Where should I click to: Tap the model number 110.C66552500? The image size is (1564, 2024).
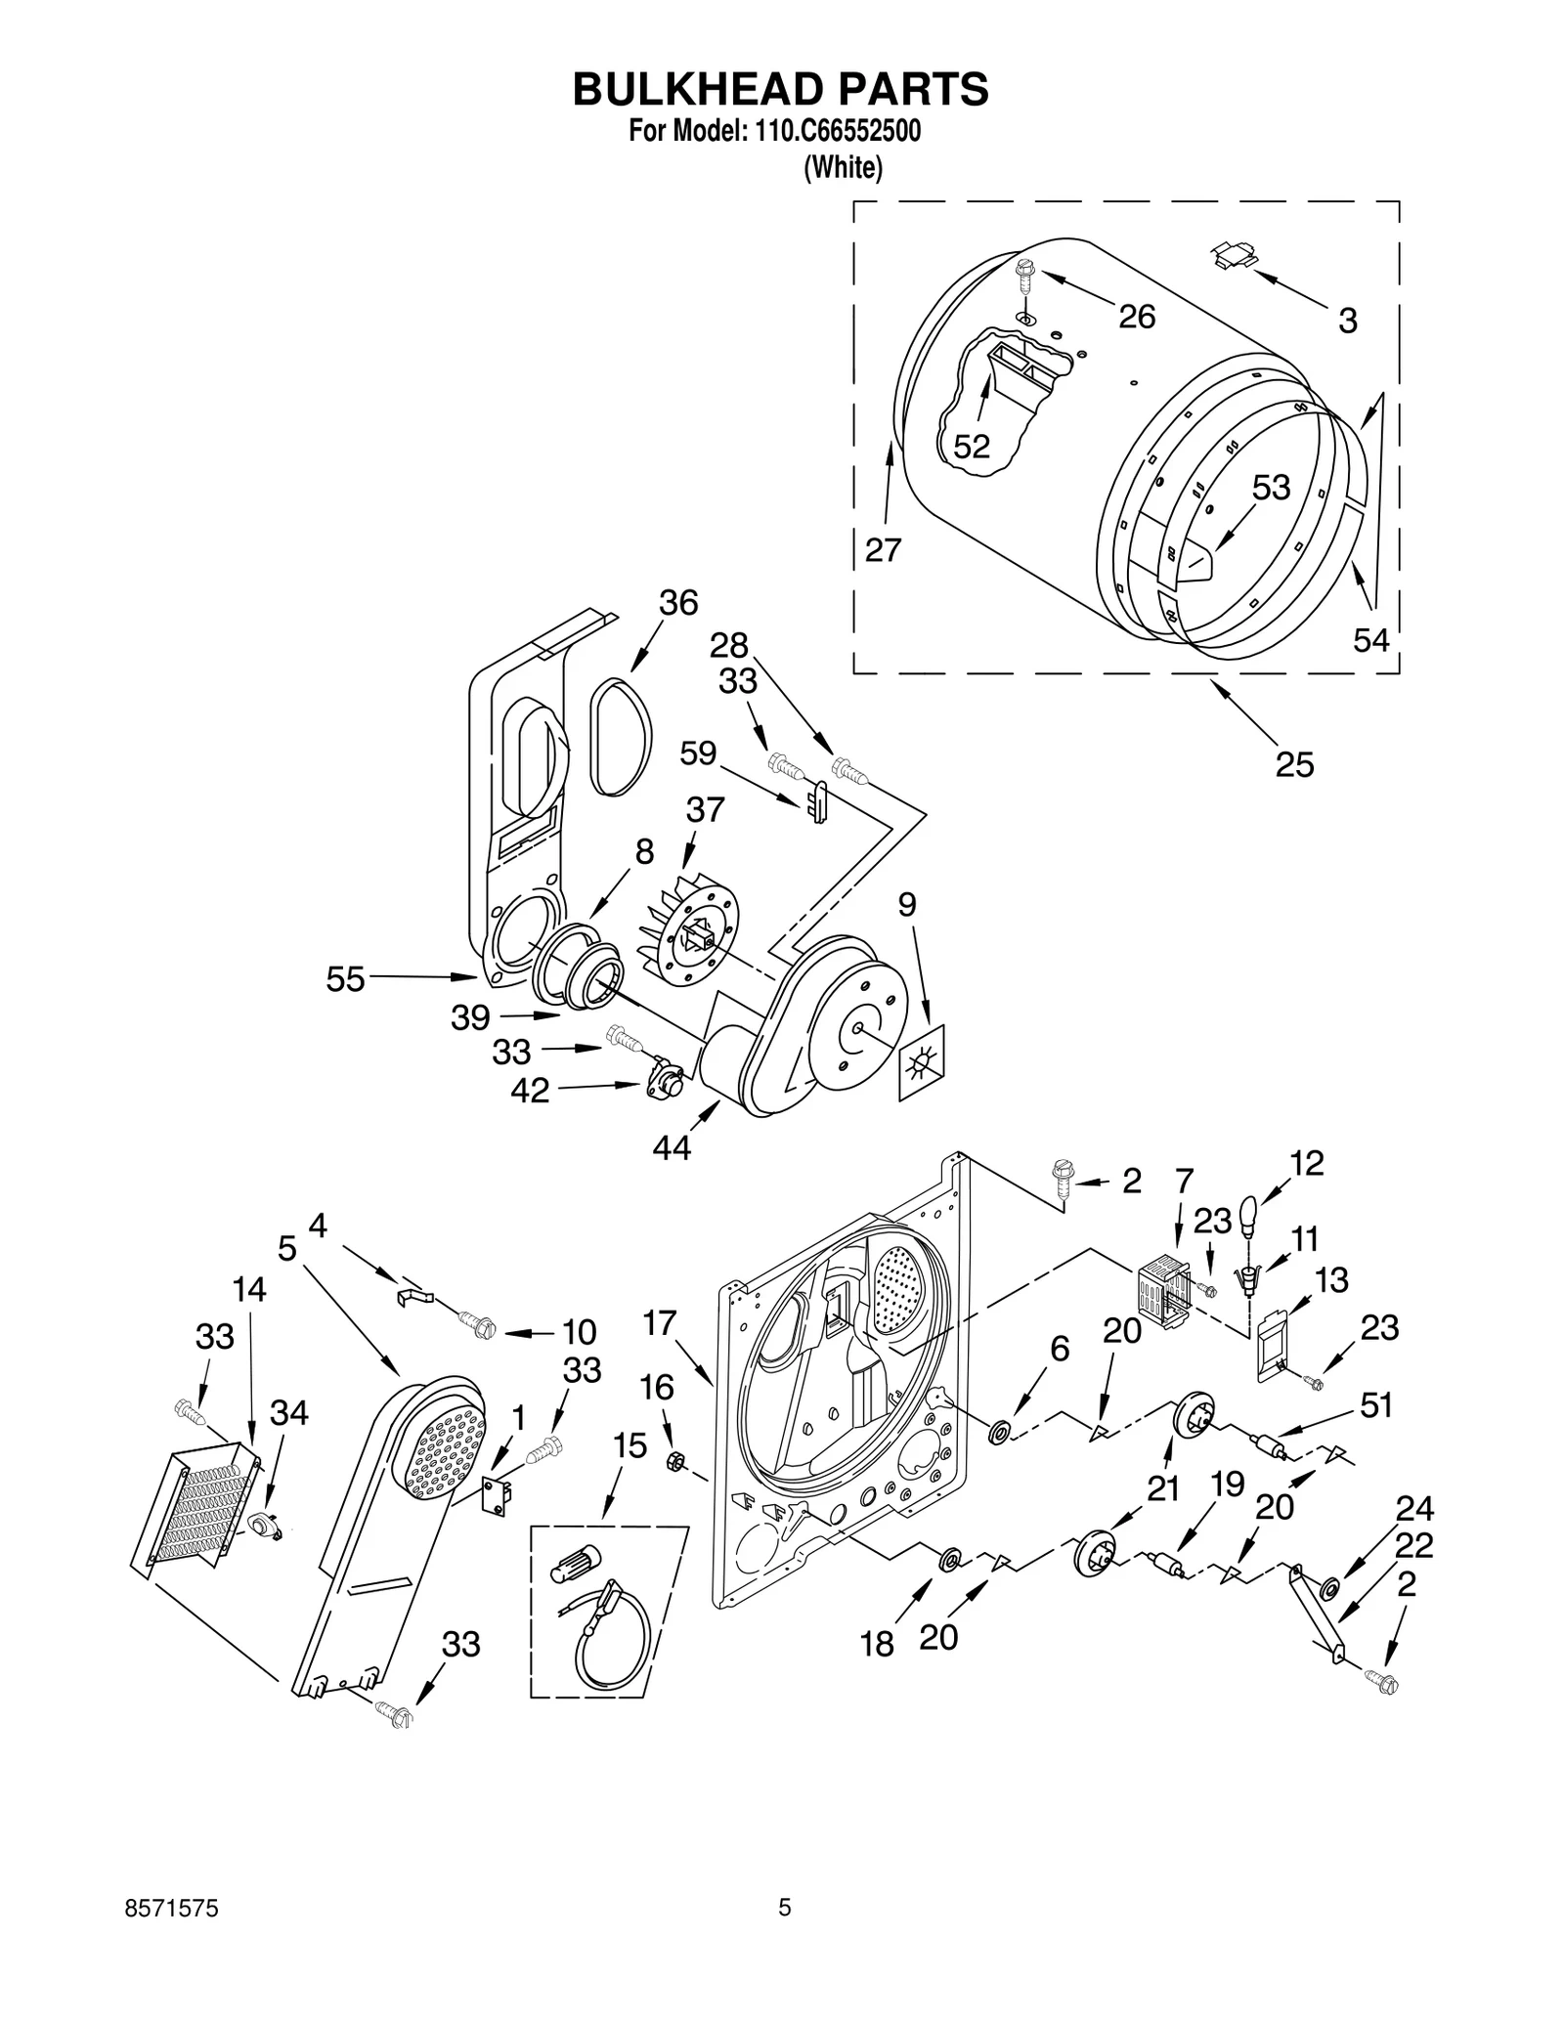[836, 131]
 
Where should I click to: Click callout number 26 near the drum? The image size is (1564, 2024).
[1136, 317]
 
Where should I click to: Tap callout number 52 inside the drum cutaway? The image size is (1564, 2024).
[971, 447]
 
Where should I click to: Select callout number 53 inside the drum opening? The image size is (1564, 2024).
[1271, 487]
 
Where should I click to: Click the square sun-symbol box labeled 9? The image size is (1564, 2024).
[922, 1061]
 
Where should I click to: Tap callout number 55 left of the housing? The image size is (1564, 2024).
[345, 978]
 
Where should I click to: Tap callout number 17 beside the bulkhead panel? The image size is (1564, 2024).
[660, 1323]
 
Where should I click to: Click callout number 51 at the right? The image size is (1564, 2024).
[1375, 1404]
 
